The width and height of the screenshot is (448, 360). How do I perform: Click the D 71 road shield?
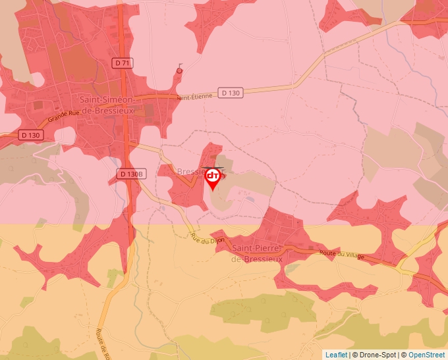click(122, 63)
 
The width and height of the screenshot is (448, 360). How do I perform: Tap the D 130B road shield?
click(130, 174)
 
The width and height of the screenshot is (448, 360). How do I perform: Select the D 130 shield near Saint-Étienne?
click(231, 93)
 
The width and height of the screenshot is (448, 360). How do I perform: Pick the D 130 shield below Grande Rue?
click(30, 135)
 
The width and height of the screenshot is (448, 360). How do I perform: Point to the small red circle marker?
click(179, 70)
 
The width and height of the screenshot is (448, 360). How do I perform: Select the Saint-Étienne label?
click(194, 96)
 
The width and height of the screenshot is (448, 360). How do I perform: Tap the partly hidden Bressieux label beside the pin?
click(190, 170)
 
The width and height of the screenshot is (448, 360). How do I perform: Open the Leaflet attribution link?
click(337, 355)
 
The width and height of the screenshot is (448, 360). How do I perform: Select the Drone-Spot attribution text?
click(377, 355)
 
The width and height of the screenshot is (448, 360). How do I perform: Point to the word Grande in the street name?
click(58, 121)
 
